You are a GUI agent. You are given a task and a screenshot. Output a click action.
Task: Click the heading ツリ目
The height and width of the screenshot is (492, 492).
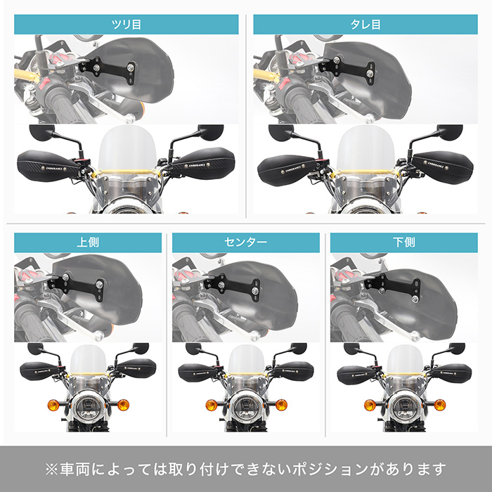click(x=127, y=25)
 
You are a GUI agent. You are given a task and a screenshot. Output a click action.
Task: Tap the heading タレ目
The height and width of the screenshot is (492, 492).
click(x=365, y=25)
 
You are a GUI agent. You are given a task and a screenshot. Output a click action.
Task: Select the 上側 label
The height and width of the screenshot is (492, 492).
click(x=88, y=242)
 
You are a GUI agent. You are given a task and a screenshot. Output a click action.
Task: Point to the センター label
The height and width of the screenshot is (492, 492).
click(x=245, y=242)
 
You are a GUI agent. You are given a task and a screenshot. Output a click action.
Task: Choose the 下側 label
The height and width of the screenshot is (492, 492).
click(x=403, y=242)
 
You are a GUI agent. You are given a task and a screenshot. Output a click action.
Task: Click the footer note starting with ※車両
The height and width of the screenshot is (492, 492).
click(x=245, y=468)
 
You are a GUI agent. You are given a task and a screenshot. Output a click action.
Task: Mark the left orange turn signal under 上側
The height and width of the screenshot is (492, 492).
click(x=53, y=405)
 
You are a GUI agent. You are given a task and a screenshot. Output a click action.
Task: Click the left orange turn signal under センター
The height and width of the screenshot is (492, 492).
click(x=210, y=405)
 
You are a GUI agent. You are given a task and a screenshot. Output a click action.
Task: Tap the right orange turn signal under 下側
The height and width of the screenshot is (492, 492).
click(x=440, y=405)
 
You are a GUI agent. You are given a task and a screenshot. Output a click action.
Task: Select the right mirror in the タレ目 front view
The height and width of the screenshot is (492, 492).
click(x=451, y=131)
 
